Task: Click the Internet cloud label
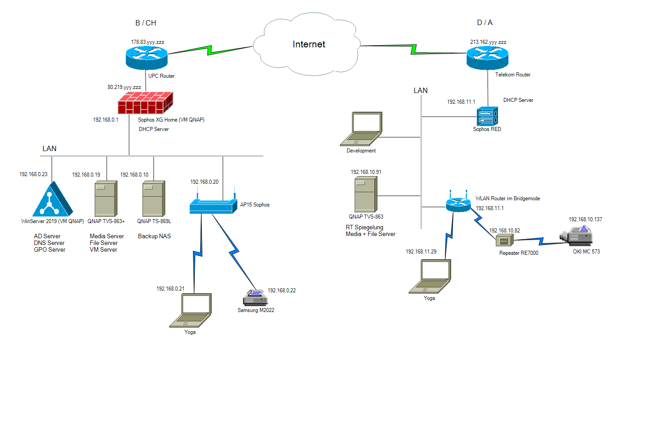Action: click(x=309, y=44)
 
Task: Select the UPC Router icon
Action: click(x=147, y=57)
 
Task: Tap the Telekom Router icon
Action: click(x=487, y=58)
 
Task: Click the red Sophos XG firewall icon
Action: click(x=145, y=103)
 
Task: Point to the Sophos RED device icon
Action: click(x=487, y=117)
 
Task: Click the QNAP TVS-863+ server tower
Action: click(x=106, y=199)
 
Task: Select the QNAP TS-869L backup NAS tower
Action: click(x=154, y=199)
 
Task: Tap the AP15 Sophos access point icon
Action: click(x=213, y=205)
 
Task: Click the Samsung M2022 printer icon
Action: click(x=255, y=298)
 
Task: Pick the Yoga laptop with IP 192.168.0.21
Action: click(x=191, y=311)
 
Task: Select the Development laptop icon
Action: click(x=361, y=129)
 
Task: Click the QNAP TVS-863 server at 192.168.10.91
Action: click(x=366, y=194)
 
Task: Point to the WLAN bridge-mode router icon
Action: click(x=458, y=203)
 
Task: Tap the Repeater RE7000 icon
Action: click(x=504, y=240)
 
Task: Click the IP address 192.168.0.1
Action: click(x=105, y=120)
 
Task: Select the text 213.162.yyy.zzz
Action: click(x=488, y=42)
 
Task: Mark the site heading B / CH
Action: click(x=146, y=23)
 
